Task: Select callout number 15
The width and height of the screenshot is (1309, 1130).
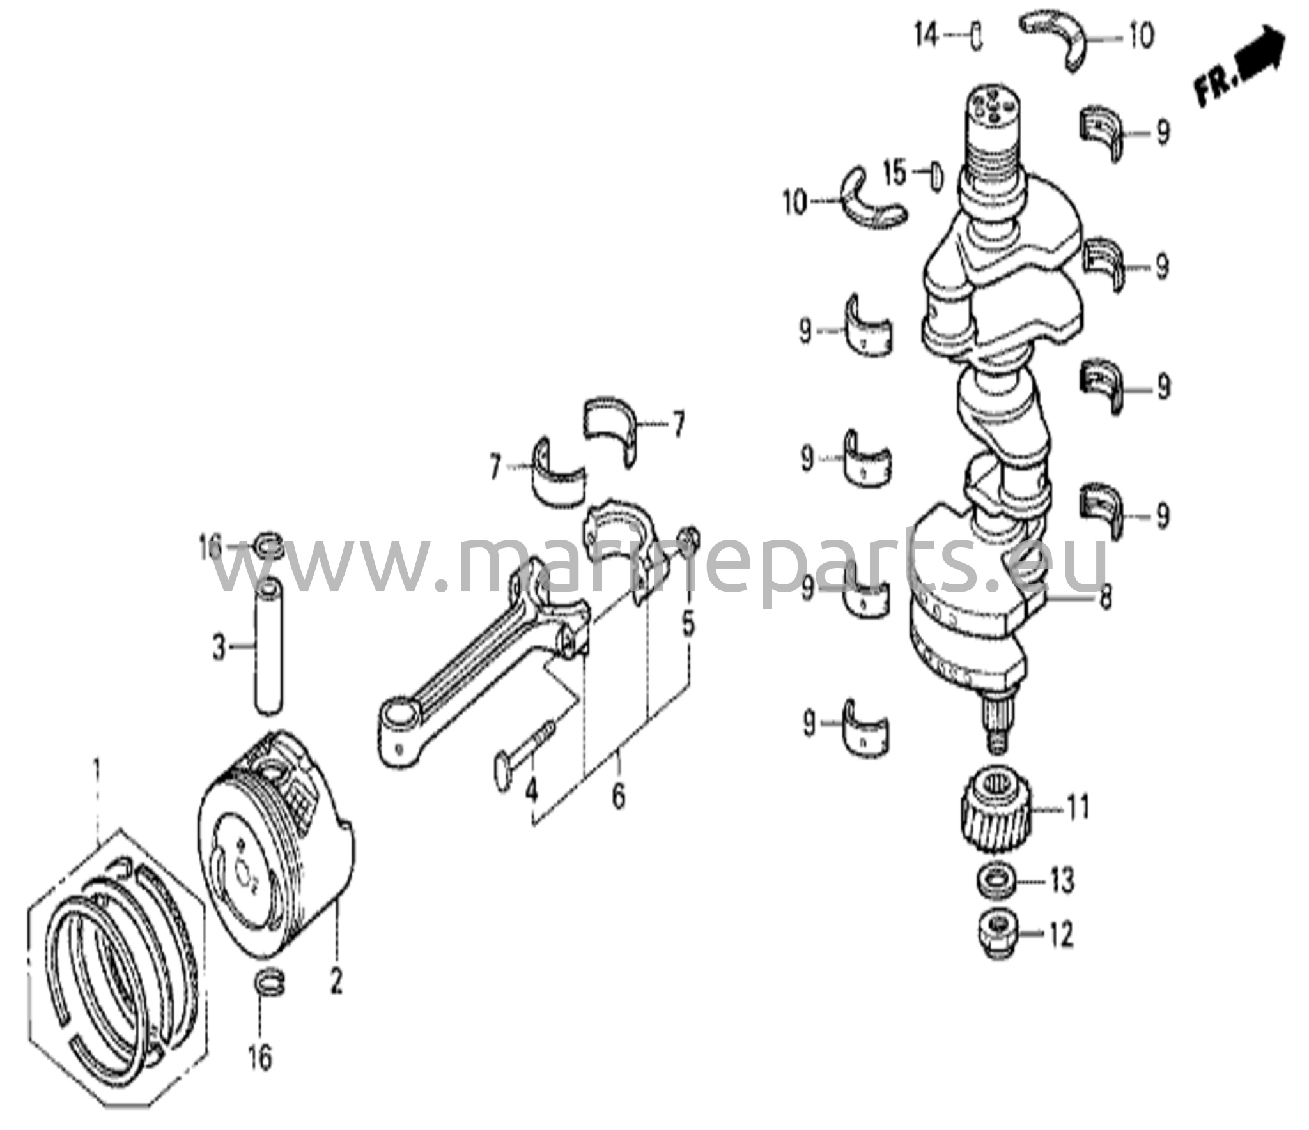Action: (895, 172)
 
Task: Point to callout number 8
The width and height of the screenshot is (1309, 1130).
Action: (1105, 599)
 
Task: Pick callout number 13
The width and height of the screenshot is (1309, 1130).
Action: (1062, 882)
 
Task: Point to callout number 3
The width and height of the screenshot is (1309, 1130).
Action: (219, 649)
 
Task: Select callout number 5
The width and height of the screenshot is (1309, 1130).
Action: (688, 624)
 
